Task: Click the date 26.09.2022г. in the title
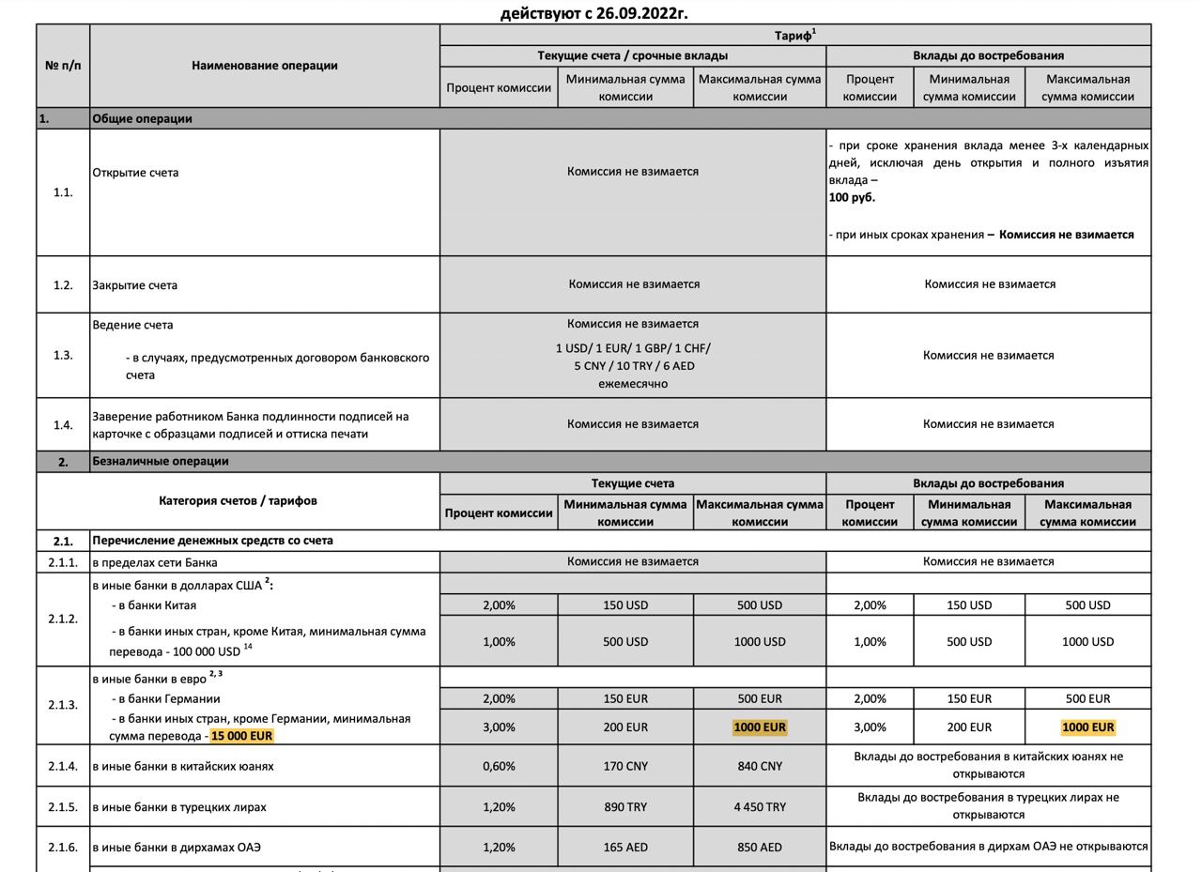point(641,13)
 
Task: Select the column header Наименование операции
point(265,66)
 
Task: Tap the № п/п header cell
point(63,66)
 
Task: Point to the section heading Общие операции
point(142,118)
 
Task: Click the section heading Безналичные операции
point(161,461)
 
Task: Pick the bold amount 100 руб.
point(852,198)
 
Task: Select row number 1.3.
point(63,355)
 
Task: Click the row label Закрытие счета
point(134,284)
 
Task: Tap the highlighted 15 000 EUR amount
point(241,736)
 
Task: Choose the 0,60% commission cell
point(499,766)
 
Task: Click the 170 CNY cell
point(625,766)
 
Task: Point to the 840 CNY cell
point(760,766)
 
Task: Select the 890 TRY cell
point(625,806)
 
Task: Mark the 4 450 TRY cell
point(760,806)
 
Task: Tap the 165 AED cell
point(625,847)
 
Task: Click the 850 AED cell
point(760,847)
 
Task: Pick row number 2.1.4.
point(63,766)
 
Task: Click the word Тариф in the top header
point(793,36)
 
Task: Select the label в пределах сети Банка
point(155,562)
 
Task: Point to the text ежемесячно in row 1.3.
point(633,383)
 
